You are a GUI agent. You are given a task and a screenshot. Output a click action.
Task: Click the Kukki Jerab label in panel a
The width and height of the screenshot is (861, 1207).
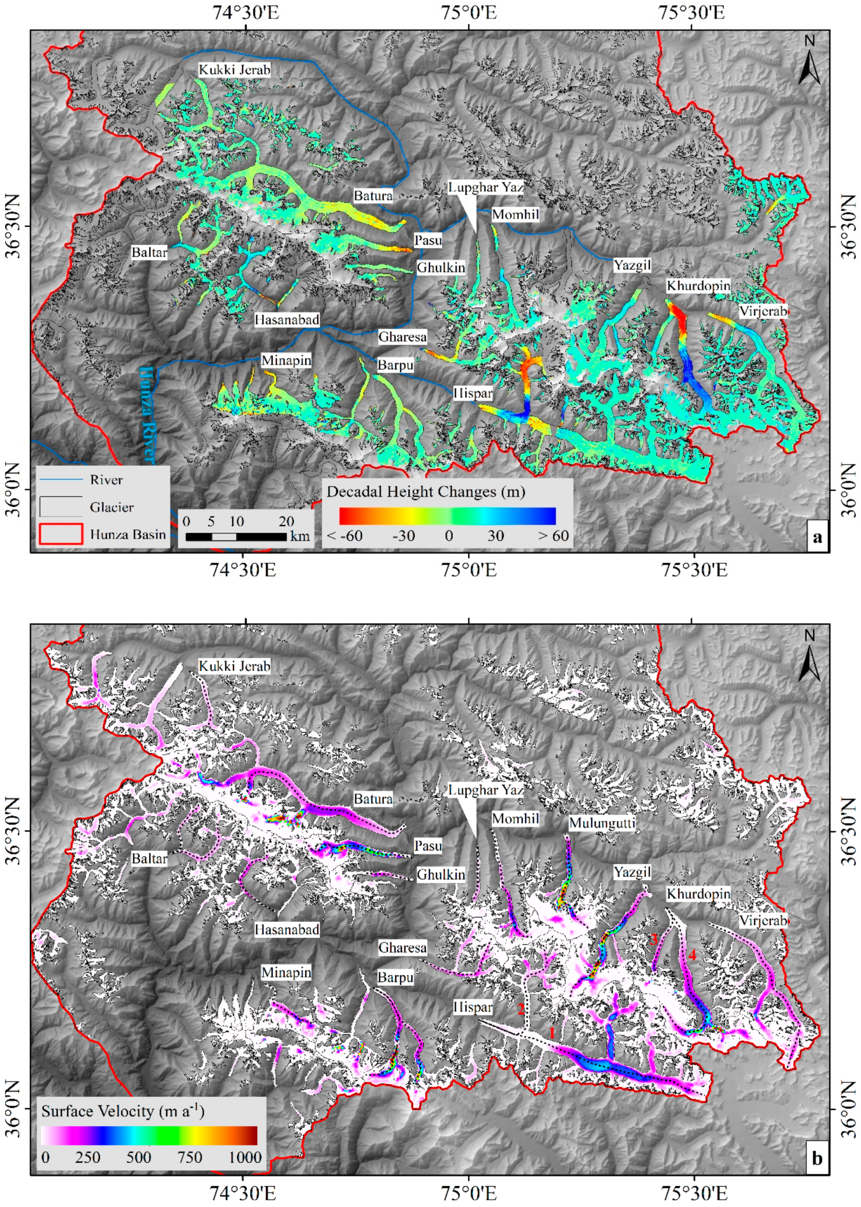coord(234,70)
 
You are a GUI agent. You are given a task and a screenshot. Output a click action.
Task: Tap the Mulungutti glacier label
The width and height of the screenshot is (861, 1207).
coord(602,823)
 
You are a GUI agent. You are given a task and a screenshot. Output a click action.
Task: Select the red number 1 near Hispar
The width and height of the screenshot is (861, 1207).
coord(551,1033)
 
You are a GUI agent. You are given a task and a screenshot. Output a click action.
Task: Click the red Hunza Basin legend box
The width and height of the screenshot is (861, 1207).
coord(60,534)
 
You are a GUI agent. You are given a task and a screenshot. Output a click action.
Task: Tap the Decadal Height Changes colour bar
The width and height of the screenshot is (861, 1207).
coord(447,515)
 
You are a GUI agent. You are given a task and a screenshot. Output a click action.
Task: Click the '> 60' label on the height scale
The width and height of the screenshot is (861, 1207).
coord(553,536)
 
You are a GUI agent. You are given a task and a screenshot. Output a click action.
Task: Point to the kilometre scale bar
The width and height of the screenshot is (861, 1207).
coord(236,536)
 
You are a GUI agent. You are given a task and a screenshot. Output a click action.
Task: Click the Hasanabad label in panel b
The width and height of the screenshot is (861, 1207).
coord(287,930)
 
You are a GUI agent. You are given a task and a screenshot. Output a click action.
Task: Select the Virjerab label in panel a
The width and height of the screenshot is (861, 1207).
coord(763,311)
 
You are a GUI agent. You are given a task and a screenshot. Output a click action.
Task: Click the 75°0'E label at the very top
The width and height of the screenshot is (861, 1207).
coord(469,12)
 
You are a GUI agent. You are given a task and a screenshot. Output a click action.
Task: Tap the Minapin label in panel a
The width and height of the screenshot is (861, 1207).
coord(286,361)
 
